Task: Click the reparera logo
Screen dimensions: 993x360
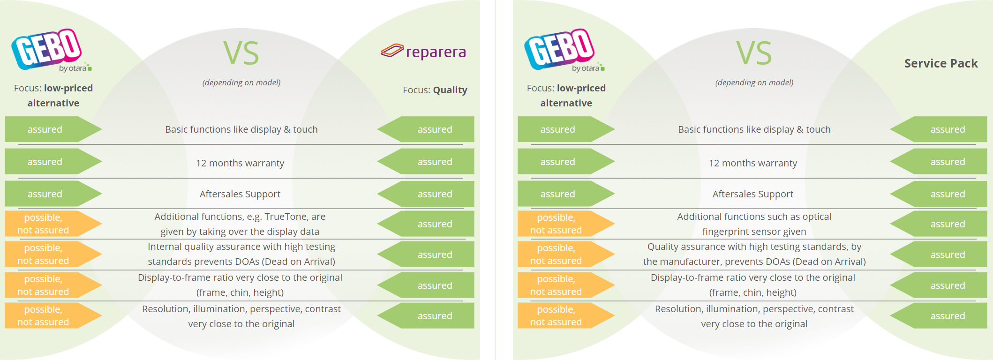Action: click(424, 51)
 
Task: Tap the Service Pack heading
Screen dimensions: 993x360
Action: click(941, 63)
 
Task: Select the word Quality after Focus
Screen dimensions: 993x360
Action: click(450, 90)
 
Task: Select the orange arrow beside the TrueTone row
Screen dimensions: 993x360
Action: click(53, 224)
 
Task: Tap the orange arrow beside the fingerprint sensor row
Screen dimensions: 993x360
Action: click(566, 224)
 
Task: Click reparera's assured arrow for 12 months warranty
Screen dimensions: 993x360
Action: click(426, 162)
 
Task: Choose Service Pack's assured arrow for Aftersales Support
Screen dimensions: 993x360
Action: click(939, 194)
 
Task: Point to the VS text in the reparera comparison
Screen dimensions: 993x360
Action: click(241, 53)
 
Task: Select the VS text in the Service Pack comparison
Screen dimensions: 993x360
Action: click(754, 53)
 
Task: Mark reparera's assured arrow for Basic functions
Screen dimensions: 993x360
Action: click(426, 129)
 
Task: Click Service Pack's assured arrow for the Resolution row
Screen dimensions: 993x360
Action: click(939, 315)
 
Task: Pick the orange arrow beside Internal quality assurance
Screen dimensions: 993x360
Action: click(53, 254)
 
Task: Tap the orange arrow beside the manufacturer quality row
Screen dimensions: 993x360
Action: click(566, 254)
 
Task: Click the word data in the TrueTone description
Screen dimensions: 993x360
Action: click(309, 232)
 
